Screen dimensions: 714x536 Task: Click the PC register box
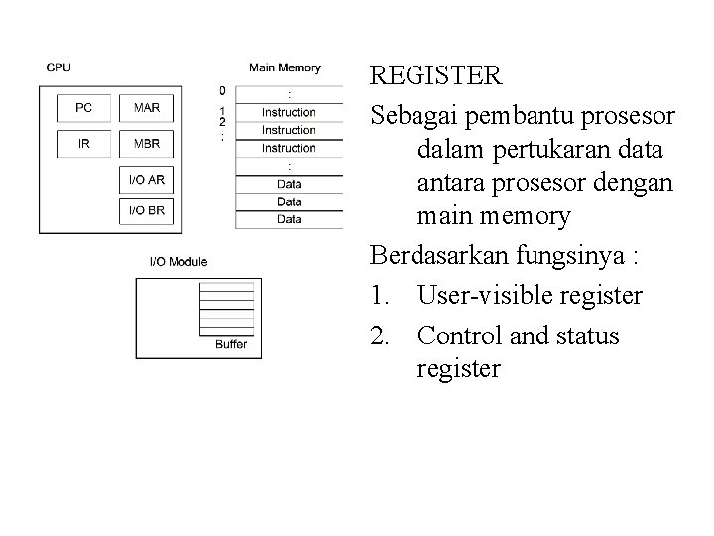point(83,108)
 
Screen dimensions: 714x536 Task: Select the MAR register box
point(146,108)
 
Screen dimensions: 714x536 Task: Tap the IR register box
point(83,143)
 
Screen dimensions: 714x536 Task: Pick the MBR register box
point(146,143)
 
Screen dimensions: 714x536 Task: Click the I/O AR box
point(146,180)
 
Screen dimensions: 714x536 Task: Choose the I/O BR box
point(146,210)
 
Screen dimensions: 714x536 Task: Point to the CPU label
point(59,67)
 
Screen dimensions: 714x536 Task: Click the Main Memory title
point(285,67)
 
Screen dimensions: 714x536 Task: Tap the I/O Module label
point(178,262)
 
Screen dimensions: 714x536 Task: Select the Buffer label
point(231,345)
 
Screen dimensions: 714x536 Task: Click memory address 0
point(222,91)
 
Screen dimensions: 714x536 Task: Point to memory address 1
point(222,110)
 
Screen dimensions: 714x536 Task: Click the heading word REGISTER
point(435,75)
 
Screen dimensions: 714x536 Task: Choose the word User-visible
point(479,295)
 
